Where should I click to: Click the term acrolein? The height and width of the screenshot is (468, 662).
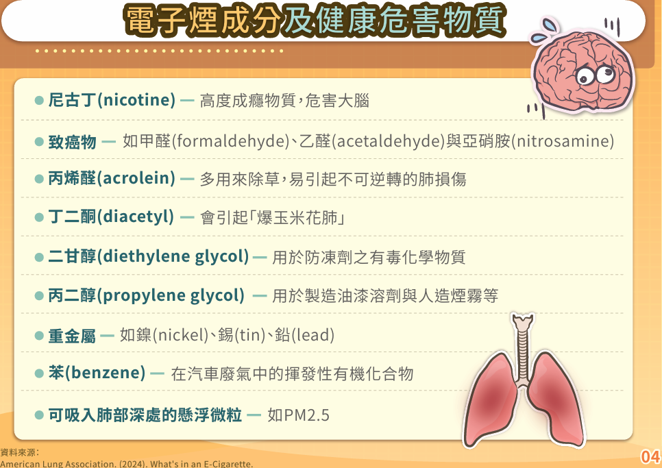tap(136, 178)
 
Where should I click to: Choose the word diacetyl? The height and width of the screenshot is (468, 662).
tap(136, 217)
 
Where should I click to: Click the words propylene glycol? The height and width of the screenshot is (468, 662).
tap(171, 295)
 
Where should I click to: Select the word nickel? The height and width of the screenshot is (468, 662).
tap(180, 335)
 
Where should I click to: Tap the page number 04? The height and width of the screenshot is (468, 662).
tap(650, 456)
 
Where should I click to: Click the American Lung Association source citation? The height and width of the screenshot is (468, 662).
tap(127, 463)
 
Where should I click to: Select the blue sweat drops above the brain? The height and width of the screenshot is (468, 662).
tap(545, 29)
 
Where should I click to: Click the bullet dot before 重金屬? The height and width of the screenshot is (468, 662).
tap(39, 336)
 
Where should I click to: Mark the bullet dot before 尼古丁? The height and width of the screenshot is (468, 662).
tap(39, 101)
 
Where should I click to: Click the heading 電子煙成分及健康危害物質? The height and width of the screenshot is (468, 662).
tap(315, 20)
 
